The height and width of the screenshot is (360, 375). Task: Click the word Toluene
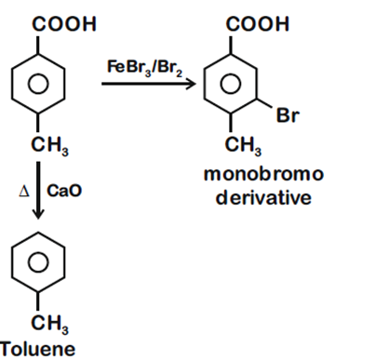(33, 349)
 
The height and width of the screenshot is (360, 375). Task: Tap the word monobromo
(254, 174)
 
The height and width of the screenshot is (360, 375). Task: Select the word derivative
(254, 198)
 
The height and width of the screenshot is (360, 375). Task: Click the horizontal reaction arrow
(148, 84)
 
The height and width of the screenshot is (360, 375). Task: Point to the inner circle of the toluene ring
(38, 261)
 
